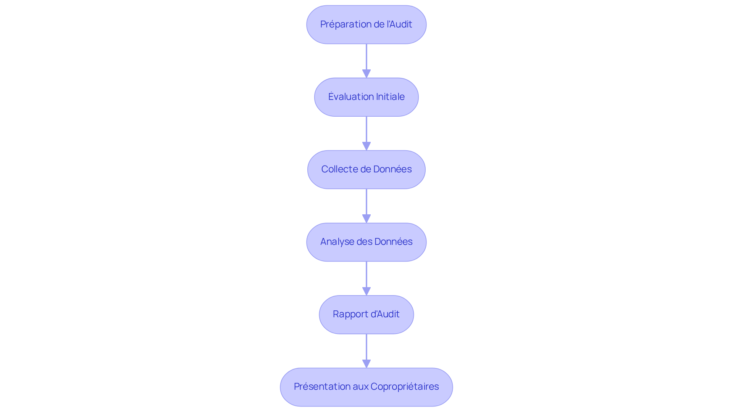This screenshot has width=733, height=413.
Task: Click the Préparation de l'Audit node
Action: [366, 24]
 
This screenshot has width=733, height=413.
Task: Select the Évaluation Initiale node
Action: [366, 97]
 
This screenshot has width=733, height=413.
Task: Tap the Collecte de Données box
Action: [366, 169]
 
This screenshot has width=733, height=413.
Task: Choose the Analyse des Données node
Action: [366, 242]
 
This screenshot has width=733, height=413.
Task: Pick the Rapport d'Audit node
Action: [366, 314]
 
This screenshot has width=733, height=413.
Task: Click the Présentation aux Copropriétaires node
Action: [366, 387]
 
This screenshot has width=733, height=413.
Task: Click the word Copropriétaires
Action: [405, 387]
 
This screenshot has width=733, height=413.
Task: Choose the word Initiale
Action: [390, 97]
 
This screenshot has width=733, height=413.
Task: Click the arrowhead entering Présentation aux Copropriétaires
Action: [366, 363]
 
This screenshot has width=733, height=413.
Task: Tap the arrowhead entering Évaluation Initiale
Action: [366, 74]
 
